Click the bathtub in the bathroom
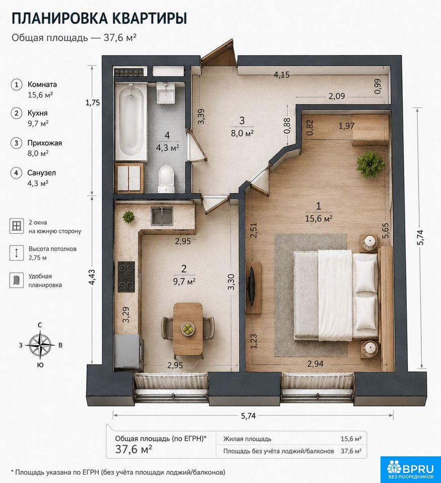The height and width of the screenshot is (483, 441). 131,122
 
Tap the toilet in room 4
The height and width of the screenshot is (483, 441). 166,179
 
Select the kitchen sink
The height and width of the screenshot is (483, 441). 162,216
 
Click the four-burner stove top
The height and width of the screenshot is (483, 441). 126,277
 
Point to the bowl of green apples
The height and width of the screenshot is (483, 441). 188,329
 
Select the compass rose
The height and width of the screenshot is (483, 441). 40,345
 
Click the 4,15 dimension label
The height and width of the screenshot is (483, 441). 281,74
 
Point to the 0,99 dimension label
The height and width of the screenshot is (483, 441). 377,86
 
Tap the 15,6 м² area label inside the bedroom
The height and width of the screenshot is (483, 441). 319,219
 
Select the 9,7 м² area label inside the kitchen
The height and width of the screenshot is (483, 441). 184,282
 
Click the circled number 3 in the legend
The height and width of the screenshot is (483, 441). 16,143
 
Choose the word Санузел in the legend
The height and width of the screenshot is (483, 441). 42,173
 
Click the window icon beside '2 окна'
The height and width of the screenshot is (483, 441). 16,226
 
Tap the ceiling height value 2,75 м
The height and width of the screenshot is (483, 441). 38,258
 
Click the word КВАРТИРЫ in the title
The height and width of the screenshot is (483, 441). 149,19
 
